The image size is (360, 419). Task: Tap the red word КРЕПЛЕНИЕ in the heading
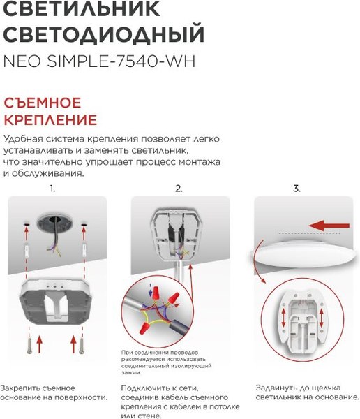pos(50,119)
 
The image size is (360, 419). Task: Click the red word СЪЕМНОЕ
pos(42,103)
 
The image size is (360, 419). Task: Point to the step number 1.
pos(52,189)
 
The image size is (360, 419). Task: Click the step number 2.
pos(179,189)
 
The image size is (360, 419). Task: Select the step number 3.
pos(297,189)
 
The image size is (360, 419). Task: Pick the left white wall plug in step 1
pos(27,249)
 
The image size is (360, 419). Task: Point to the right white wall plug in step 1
pos(84,249)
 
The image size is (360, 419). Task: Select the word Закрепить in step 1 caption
pos(23,388)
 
